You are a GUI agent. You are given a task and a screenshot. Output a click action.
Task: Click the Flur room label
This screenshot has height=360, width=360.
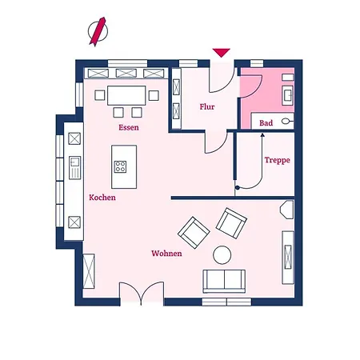tap(207, 106)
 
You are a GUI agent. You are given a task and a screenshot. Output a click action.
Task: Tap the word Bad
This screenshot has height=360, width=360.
tap(266, 123)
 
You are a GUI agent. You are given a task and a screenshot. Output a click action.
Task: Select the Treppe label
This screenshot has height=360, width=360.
tap(277, 160)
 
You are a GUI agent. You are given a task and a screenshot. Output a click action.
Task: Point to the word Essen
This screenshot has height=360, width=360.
tap(129, 127)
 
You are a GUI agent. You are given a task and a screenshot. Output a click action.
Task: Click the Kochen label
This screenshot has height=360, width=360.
tap(102, 198)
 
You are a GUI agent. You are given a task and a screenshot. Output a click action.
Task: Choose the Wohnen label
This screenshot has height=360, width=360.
tap(166, 254)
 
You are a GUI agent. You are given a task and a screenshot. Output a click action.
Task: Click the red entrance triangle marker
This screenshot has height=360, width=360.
tap(221, 53)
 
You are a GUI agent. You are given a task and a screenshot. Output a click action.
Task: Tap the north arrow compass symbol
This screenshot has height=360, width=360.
tap(98, 31)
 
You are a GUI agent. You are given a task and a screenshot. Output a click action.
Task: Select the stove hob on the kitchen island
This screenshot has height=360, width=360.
tap(120, 166)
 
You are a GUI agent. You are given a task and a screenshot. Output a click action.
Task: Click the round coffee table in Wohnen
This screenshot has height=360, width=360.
tap(222, 255)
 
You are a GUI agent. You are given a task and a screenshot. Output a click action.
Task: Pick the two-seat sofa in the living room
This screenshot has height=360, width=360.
tap(224, 281)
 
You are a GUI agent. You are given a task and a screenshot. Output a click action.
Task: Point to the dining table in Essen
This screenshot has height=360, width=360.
tap(126, 95)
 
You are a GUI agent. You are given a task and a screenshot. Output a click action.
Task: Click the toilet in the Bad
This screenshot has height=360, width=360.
tap(287, 122)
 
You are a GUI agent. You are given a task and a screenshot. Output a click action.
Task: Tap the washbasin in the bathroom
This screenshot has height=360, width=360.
tap(288, 95)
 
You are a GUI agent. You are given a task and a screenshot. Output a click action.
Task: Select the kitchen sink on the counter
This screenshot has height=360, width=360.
tap(74, 167)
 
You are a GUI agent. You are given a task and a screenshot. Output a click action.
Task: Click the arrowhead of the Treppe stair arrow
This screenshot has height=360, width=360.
tap(262, 135)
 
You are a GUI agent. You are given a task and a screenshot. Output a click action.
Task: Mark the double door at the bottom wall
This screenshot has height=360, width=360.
tap(142, 293)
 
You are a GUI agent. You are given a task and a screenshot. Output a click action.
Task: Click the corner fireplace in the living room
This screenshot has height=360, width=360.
tap(287, 210)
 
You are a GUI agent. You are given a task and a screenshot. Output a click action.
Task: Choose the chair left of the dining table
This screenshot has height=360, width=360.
tap(99, 95)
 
